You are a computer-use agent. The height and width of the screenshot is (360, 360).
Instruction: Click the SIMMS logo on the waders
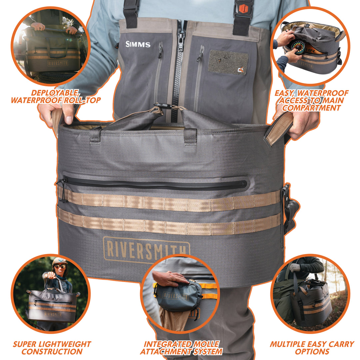(x=138, y=44)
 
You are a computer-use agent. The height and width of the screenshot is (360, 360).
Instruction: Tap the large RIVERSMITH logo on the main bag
(x=146, y=249)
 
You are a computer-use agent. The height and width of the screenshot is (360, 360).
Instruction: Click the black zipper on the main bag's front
(x=155, y=184)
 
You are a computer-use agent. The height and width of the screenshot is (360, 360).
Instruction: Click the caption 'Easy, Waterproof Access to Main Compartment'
(x=312, y=100)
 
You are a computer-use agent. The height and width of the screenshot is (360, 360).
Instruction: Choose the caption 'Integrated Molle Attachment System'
(x=181, y=348)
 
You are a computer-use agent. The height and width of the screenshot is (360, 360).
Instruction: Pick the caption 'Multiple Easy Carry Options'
(x=312, y=348)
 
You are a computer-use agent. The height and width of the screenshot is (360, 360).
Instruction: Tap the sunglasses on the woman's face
(x=60, y=266)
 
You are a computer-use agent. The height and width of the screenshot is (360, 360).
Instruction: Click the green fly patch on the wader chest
(x=228, y=62)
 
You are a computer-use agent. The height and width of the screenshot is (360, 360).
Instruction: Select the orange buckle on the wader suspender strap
(x=244, y=8)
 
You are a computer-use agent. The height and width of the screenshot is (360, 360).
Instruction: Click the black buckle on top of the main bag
(x=163, y=106)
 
